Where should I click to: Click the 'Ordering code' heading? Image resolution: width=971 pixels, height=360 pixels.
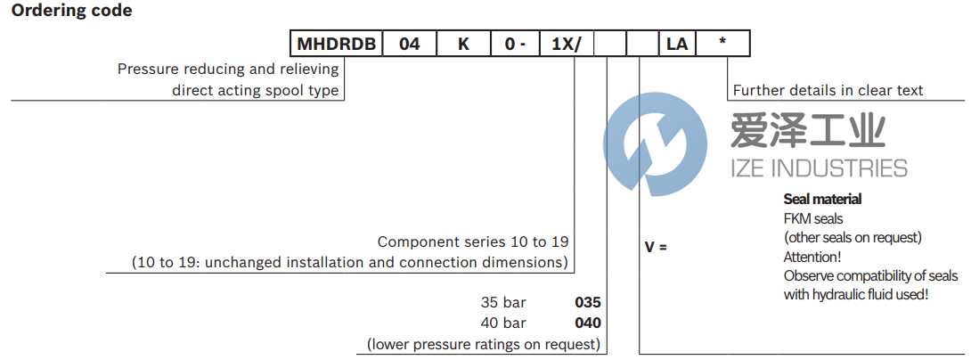pos(71,12)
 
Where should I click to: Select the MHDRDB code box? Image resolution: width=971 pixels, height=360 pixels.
pos(337,44)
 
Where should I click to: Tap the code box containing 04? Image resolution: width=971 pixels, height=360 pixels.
pos(409,44)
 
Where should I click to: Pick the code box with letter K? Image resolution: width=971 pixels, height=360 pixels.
pos(462,44)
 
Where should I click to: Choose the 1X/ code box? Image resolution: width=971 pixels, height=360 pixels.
pos(567,44)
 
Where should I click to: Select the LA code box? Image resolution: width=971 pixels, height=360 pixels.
pos(676,44)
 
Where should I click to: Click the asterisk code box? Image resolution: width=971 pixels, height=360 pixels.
pos(722,44)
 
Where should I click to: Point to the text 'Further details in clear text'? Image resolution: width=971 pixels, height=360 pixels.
pos(828,91)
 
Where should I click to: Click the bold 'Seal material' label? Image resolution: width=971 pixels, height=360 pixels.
pos(822,200)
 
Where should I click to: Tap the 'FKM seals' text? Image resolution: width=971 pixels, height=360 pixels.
pos(813,218)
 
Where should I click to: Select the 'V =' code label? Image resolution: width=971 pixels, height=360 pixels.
pos(656,246)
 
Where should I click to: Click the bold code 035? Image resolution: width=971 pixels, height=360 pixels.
pos(588,303)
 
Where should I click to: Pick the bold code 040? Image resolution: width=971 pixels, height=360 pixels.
pos(588,323)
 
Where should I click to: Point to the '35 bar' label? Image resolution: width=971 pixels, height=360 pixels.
pos(503,303)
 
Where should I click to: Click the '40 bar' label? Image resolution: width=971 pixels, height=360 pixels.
pos(503,323)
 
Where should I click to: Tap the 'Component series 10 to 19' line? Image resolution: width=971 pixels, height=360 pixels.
pos(472,242)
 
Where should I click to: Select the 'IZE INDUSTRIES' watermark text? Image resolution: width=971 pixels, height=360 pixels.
pos(819,168)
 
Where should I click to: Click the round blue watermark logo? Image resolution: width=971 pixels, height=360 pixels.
pos(655,142)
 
